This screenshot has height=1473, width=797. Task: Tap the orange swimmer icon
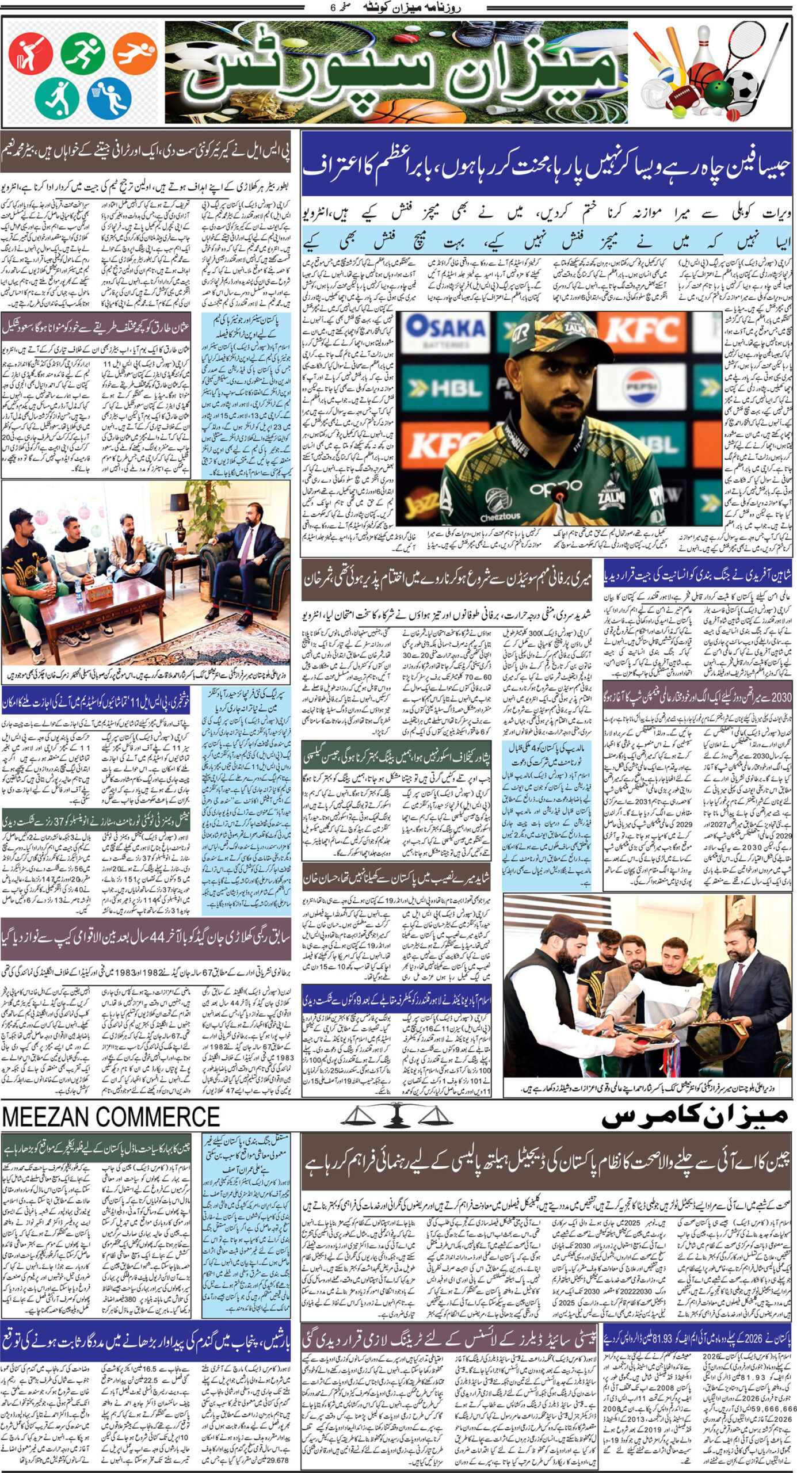(135, 53)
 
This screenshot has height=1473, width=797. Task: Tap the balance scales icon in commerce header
(396, 1117)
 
